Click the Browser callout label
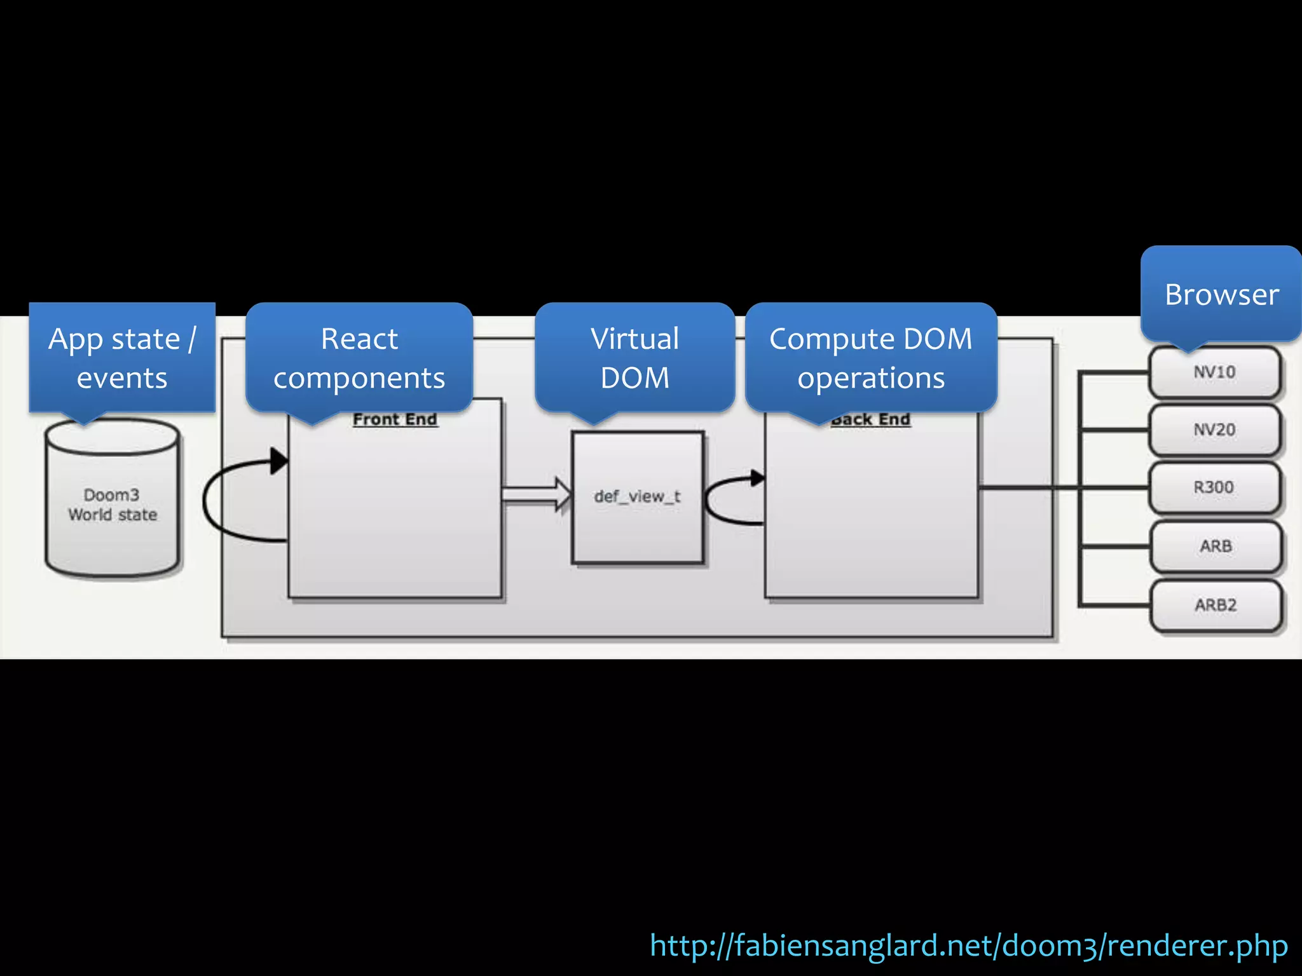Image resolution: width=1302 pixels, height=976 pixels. (1221, 294)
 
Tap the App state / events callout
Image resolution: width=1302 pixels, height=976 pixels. (122, 358)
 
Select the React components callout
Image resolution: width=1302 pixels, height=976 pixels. (359, 358)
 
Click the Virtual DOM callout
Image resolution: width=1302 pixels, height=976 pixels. (635, 358)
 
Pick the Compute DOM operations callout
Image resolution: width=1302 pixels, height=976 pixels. (871, 358)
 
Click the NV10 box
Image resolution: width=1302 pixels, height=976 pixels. (1214, 372)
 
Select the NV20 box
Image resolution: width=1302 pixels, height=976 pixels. (1214, 430)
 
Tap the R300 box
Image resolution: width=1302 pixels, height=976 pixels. (1214, 488)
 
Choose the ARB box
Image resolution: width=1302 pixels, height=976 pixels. (1216, 546)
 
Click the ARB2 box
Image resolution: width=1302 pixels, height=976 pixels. (1216, 605)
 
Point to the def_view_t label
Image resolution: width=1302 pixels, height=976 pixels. (637, 496)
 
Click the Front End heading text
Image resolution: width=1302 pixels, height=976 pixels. (395, 419)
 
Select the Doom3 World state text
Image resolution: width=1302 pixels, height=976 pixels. (113, 505)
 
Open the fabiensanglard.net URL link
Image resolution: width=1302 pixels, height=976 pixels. (969, 945)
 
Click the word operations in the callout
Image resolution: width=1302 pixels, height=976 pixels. (871, 379)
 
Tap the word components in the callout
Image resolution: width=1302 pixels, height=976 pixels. (359, 379)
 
